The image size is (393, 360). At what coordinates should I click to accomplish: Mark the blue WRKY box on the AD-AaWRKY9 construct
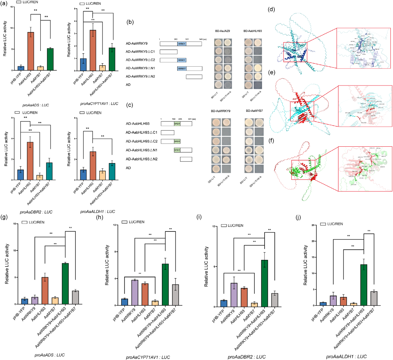pos(182,43)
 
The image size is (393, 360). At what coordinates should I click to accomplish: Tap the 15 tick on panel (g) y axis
pos(17,223)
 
